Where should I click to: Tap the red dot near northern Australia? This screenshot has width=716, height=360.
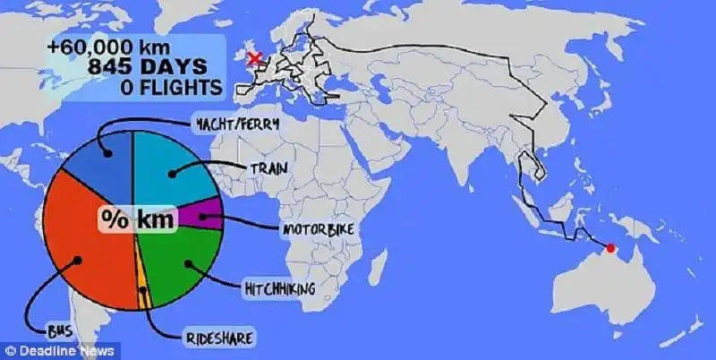(x=611, y=248)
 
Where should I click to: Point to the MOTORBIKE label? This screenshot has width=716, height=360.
(x=319, y=231)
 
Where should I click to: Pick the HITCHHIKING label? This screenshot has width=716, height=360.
(x=278, y=287)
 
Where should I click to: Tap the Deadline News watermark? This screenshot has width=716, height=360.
(x=46, y=350)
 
